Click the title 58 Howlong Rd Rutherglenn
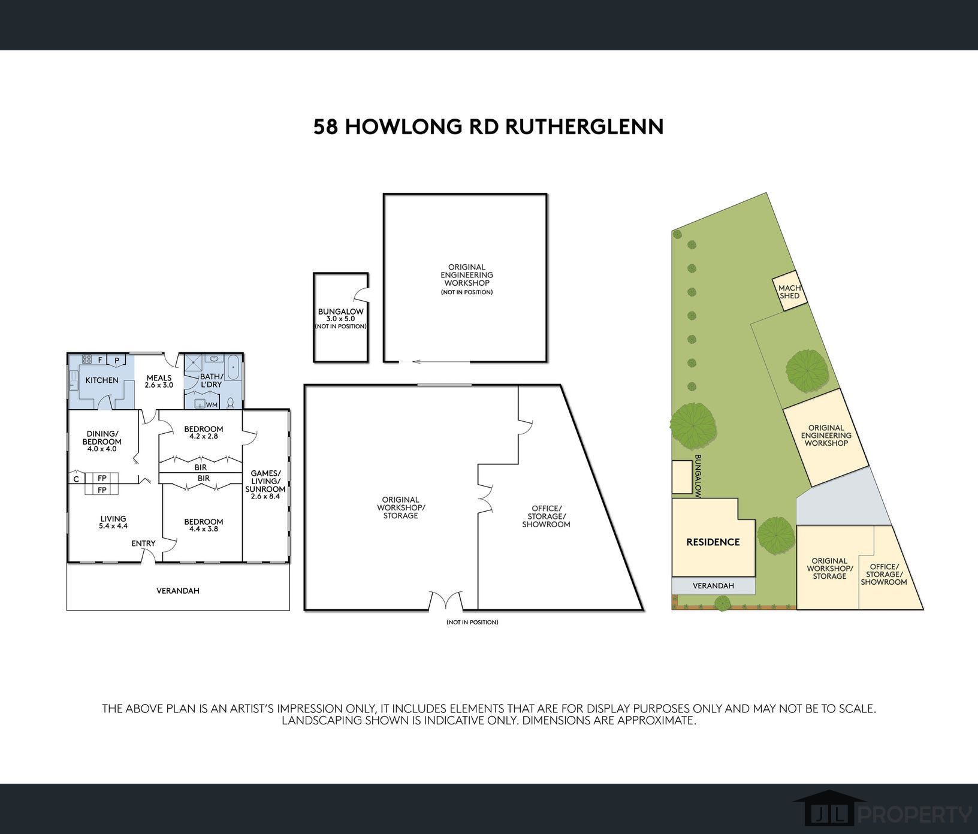[488, 127]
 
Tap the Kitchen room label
[102, 380]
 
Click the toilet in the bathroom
[231, 403]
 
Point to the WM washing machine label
[212, 405]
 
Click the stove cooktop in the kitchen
[86, 359]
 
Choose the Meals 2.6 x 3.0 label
[159, 382]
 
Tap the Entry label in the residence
[144, 543]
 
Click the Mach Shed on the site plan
[790, 292]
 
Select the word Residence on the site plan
[713, 542]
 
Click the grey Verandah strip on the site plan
[713, 586]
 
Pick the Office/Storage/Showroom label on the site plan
[884, 574]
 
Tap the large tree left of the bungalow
[693, 425]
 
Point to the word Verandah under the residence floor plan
[178, 591]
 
